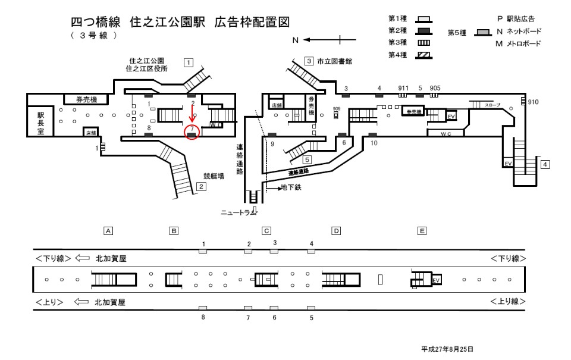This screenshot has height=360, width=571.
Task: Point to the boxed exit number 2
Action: (202, 187)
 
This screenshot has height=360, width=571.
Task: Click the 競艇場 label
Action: (214, 176)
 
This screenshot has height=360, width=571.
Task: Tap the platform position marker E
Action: (422, 230)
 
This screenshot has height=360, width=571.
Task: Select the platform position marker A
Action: (108, 230)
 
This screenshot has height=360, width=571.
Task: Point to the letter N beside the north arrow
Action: (294, 40)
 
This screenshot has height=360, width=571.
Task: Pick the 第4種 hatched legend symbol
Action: (424, 55)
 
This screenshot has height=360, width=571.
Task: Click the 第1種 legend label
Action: (397, 19)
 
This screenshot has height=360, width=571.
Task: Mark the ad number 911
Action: (403, 88)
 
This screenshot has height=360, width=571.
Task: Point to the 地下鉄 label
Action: (292, 187)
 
